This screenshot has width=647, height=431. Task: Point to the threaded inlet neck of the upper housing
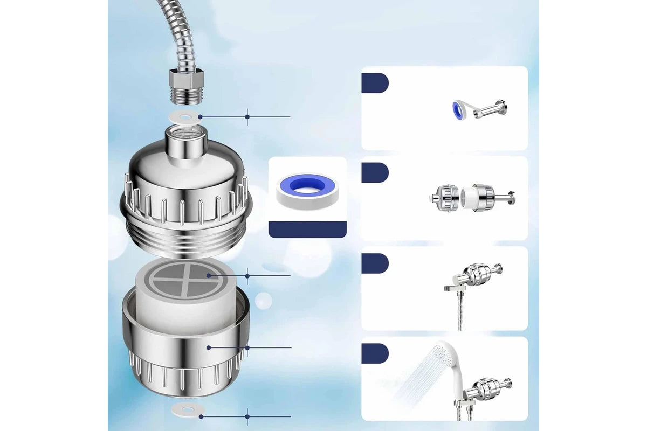[x=184, y=141]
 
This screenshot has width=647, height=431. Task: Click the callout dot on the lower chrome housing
[x=209, y=347]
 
